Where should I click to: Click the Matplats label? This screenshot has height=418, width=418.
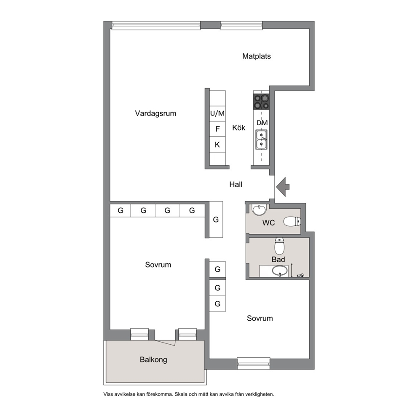(257, 56)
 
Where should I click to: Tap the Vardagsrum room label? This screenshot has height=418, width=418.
(155, 114)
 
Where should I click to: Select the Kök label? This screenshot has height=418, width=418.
(238, 127)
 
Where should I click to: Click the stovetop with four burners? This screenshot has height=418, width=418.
(261, 102)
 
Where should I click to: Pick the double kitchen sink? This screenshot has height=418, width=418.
(261, 140)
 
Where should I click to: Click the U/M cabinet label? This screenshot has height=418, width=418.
(217, 114)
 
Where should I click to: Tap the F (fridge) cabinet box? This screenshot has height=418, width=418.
(217, 129)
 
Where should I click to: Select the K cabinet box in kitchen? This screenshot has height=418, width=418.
(217, 145)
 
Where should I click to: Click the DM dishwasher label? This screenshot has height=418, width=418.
(262, 123)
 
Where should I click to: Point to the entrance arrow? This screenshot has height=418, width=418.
(283, 187)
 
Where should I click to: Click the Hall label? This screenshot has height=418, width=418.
(236, 185)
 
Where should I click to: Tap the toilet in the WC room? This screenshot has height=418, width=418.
(292, 221)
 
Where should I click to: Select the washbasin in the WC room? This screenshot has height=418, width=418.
(259, 210)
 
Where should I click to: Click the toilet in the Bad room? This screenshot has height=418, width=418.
(279, 246)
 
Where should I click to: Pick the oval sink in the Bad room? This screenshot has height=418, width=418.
(279, 271)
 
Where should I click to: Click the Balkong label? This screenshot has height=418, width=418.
(153, 359)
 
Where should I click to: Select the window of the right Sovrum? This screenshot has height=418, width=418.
(254, 364)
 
